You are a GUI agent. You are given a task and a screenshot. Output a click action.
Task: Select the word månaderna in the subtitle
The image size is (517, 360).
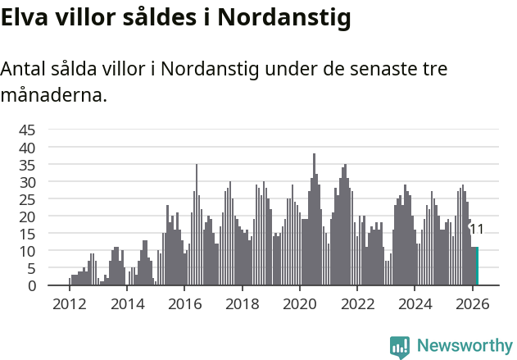pyautogui.click(x=53, y=96)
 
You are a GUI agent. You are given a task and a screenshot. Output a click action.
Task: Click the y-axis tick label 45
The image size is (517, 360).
pyautogui.click(x=27, y=130)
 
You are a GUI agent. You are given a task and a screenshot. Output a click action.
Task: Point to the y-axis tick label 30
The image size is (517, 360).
pyautogui.click(x=27, y=181)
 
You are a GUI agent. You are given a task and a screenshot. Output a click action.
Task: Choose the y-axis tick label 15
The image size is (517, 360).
pyautogui.click(x=27, y=234)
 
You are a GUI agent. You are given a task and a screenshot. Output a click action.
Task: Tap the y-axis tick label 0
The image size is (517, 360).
pyautogui.click(x=32, y=285)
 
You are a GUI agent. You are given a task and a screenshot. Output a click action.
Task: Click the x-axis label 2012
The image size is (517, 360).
pyautogui.click(x=69, y=303)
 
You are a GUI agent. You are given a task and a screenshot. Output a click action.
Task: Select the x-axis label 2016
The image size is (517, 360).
pyautogui.click(x=184, y=303)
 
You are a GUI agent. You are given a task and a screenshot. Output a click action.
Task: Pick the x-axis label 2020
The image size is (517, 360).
pyautogui.click(x=299, y=303)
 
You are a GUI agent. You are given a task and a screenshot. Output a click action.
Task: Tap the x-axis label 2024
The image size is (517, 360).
pyautogui.click(x=415, y=303)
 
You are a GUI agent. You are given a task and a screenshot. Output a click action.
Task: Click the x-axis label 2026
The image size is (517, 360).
pyautogui.click(x=472, y=303)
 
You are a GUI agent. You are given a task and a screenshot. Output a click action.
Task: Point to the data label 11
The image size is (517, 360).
pyautogui.click(x=476, y=230)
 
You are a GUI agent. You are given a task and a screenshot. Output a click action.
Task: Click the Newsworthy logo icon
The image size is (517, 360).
pyautogui.click(x=400, y=347)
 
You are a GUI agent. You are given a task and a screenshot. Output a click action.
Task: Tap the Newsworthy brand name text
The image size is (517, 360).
pyautogui.click(x=465, y=347)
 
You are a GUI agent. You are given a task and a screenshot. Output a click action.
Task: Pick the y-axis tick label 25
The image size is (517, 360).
pyautogui.click(x=27, y=198)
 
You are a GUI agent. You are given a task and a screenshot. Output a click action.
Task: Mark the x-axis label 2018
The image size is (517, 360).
pyautogui.click(x=242, y=303)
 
